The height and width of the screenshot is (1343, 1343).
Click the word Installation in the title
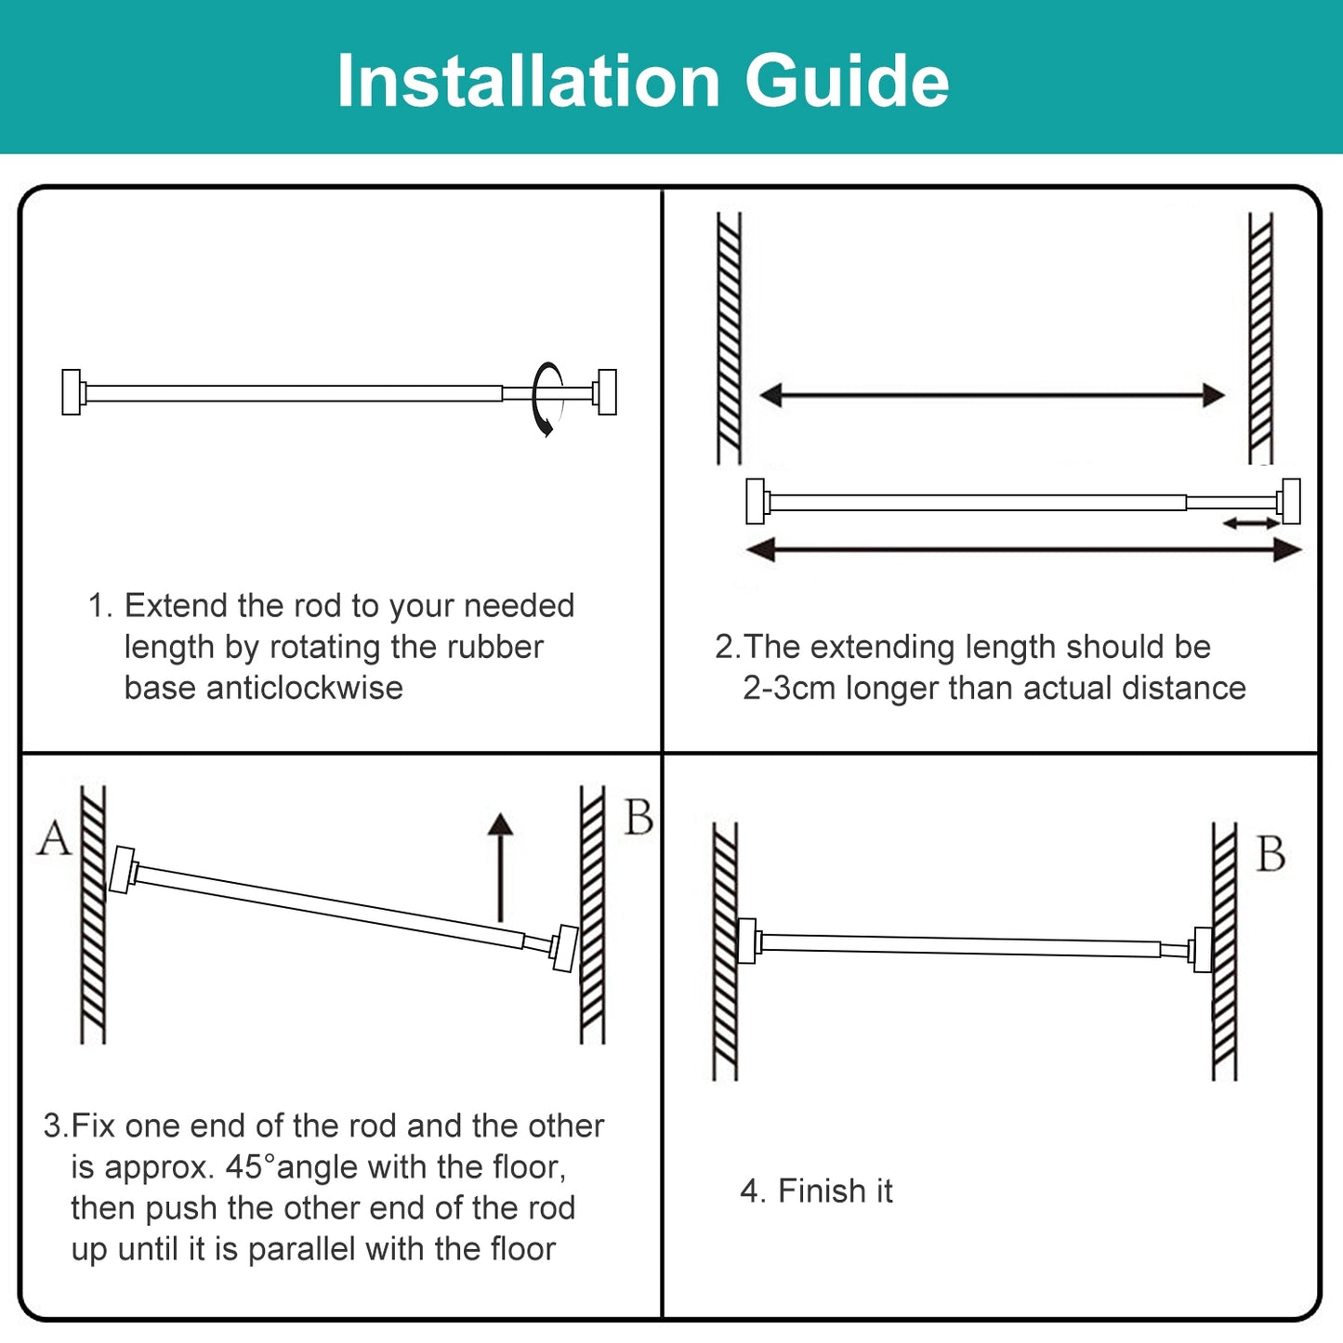coord(528,82)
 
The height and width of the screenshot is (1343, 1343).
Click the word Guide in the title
coord(847,82)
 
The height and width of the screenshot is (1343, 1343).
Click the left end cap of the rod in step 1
coord(72,392)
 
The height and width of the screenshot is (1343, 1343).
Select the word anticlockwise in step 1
coord(304,689)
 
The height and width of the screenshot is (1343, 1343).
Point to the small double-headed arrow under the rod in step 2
coord(1251,524)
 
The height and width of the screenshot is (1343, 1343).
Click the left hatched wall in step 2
coord(730,338)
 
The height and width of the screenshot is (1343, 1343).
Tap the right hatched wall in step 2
coord(1260,338)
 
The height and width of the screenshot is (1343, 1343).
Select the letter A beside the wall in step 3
coord(54,839)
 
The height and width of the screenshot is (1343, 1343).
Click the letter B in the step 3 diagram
coord(639,819)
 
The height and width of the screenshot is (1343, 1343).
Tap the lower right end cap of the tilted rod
coord(564,949)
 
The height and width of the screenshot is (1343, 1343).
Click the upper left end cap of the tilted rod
coord(122,870)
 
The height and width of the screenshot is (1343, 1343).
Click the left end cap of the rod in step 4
coord(746,941)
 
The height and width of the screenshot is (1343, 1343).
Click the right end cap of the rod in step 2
coord(1290,502)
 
